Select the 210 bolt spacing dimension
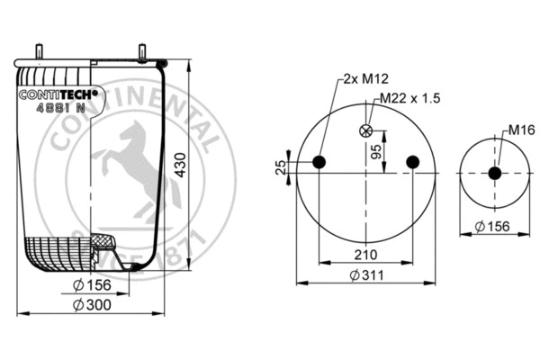[x=364, y=255]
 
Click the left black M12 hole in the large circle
[x=319, y=162]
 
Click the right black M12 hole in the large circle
[x=412, y=162]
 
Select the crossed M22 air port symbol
[x=365, y=130]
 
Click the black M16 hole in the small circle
[x=494, y=173]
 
